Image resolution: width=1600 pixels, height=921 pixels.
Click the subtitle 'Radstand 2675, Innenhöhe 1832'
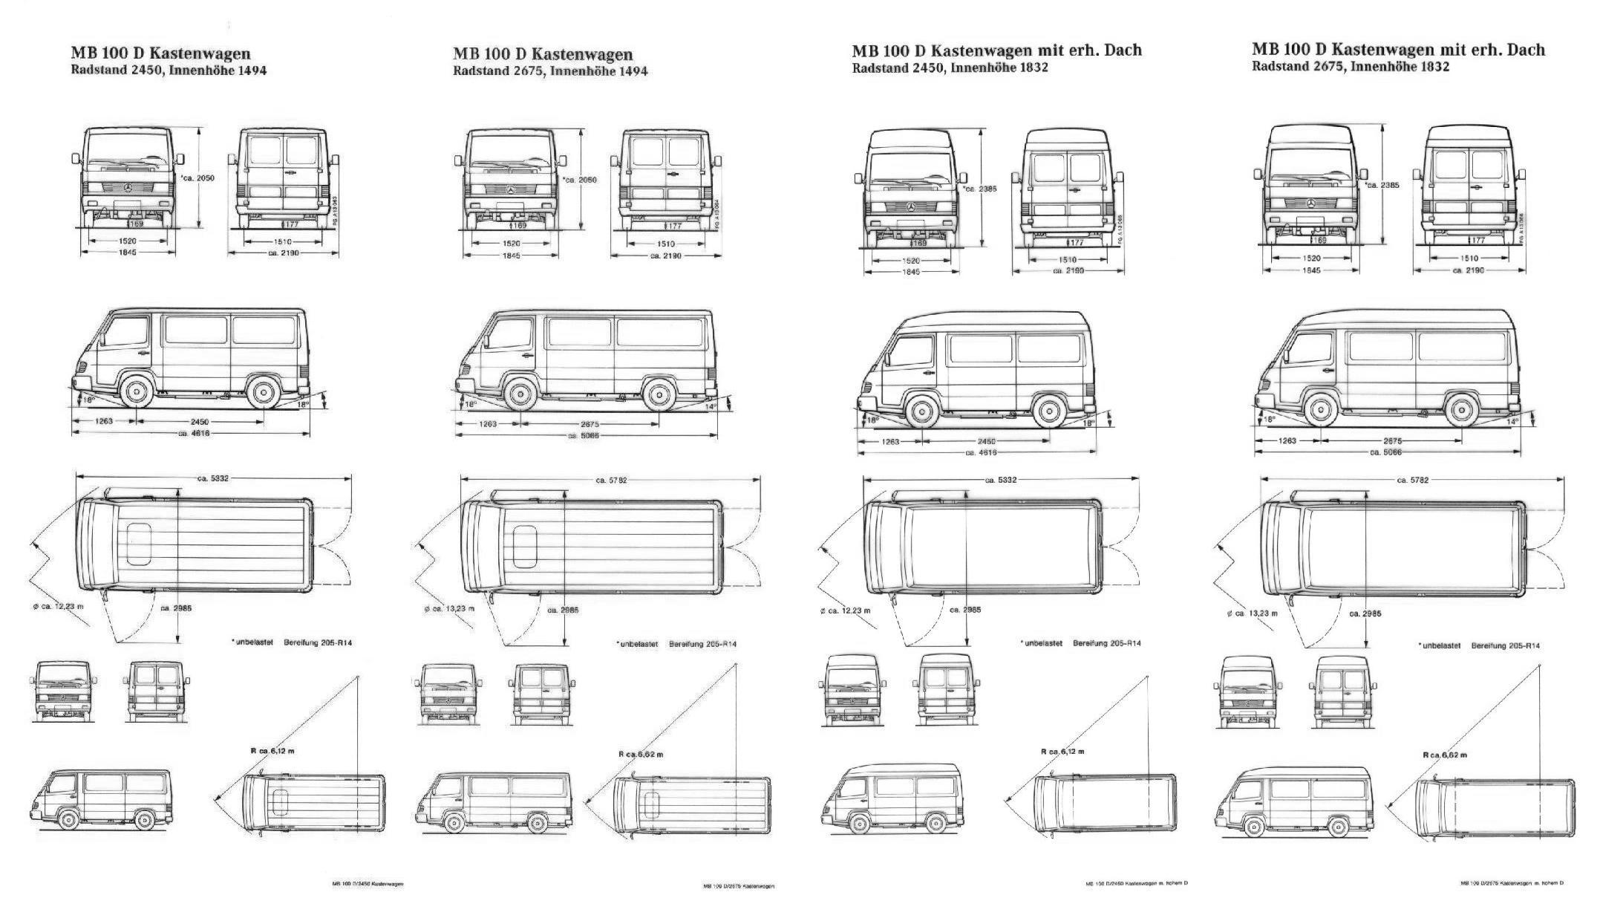pyautogui.click(x=1350, y=66)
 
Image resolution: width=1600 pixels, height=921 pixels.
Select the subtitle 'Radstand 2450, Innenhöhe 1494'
pyautogui.click(x=169, y=71)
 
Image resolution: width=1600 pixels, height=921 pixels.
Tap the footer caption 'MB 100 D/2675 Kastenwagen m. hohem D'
pyautogui.click(x=1512, y=883)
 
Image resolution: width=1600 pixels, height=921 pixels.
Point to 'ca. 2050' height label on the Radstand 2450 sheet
pyautogui.click(x=198, y=178)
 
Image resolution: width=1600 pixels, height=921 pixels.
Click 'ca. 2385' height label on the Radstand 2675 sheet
pyautogui.click(x=1382, y=185)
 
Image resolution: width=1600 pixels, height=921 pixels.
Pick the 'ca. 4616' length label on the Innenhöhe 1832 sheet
pyautogui.click(x=981, y=452)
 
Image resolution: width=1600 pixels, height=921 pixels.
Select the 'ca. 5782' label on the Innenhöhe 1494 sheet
pyautogui.click(x=611, y=481)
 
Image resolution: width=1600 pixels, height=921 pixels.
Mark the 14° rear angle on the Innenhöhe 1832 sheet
pyautogui.click(x=1512, y=421)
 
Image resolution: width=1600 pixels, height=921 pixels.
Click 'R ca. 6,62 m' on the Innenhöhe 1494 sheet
pyautogui.click(x=641, y=754)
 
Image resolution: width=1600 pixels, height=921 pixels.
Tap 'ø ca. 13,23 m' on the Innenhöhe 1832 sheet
pyautogui.click(x=1253, y=614)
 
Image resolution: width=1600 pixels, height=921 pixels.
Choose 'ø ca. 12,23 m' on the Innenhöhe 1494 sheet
pyautogui.click(x=58, y=607)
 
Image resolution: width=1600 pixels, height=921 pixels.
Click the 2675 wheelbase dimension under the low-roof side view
pyautogui.click(x=590, y=425)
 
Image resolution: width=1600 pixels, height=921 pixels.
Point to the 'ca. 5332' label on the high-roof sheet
pyautogui.click(x=1001, y=480)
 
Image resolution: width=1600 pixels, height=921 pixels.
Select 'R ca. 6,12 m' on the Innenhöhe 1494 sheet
pyautogui.click(x=272, y=751)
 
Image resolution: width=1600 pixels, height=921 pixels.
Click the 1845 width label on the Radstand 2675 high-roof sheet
pyautogui.click(x=1311, y=270)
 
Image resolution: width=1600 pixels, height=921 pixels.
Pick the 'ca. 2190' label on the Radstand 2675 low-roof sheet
pyautogui.click(x=665, y=256)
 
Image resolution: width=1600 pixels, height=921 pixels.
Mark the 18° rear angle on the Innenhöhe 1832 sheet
pyautogui.click(x=1088, y=423)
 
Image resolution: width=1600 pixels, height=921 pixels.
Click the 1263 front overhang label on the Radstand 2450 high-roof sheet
pyautogui.click(x=890, y=441)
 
